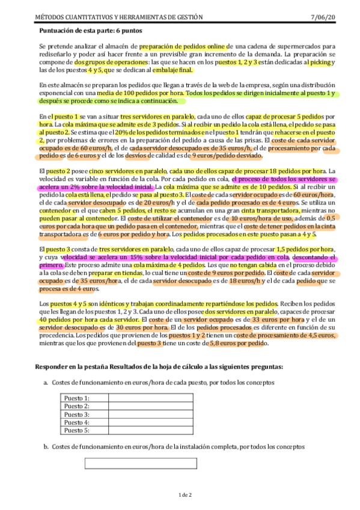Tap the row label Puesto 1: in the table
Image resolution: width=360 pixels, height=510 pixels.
click(77, 398)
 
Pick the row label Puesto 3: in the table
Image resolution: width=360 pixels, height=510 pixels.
click(77, 414)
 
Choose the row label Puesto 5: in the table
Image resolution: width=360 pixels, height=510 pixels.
click(77, 431)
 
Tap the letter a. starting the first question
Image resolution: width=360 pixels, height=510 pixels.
click(46, 382)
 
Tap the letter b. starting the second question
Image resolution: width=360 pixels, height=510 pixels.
click(46, 447)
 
